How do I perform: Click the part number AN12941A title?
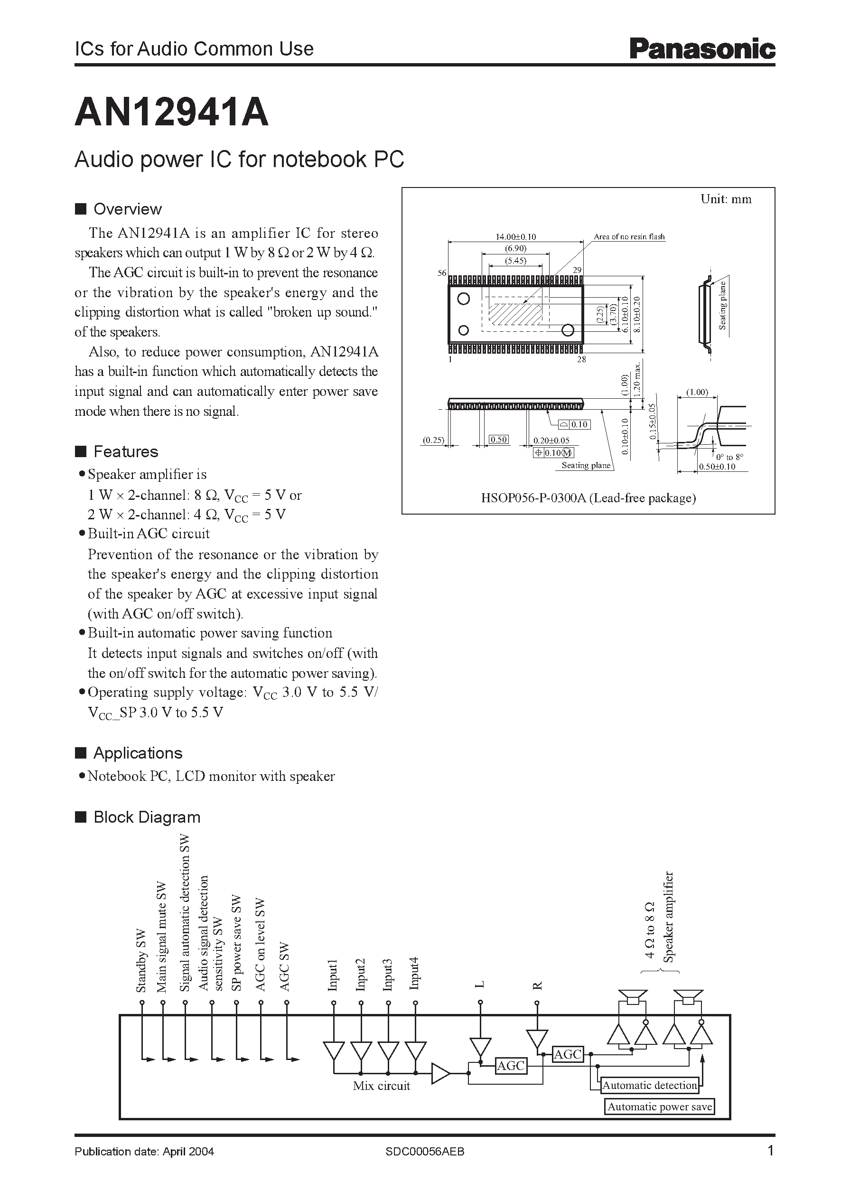(172, 113)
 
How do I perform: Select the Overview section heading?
(127, 209)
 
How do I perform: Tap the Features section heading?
(126, 452)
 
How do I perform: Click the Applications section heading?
(138, 753)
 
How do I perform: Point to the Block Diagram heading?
(147, 817)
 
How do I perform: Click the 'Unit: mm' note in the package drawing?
(726, 199)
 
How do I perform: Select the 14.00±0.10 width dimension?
(515, 237)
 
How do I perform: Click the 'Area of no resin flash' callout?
(629, 237)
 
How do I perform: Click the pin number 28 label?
(581, 360)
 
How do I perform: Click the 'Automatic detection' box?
(650, 1085)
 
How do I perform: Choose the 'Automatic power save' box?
(660, 1107)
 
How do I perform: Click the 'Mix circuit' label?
(381, 1086)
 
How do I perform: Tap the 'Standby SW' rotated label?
(141, 961)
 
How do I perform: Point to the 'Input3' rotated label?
(388, 974)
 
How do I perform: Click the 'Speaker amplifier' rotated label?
(668, 917)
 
